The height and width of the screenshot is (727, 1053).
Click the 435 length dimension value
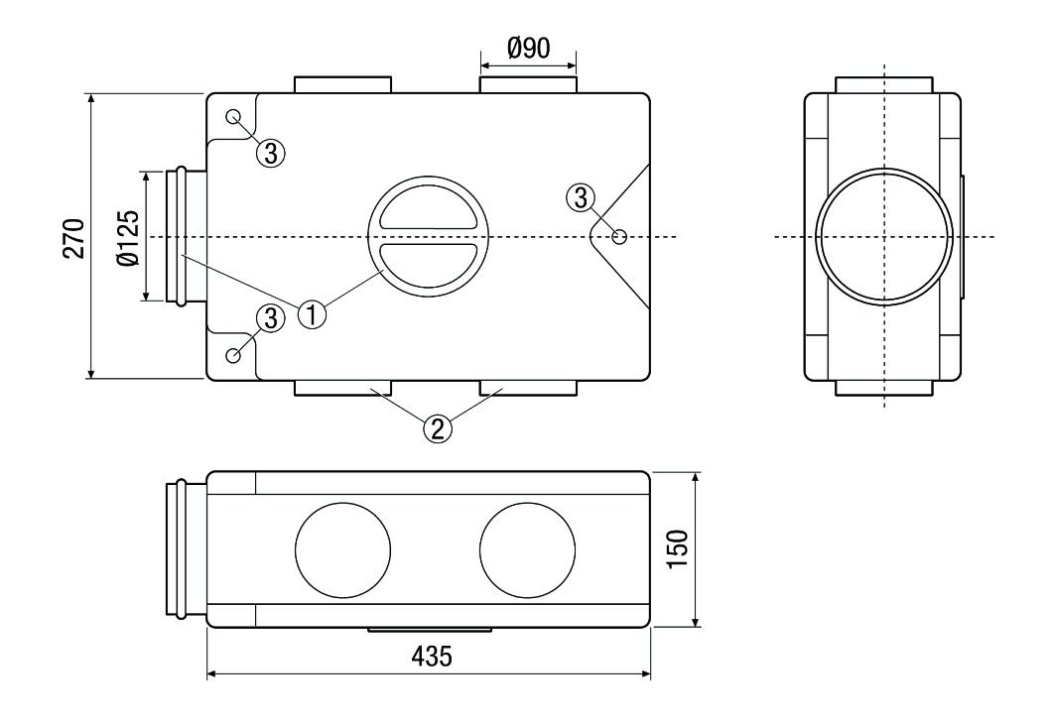click(x=430, y=657)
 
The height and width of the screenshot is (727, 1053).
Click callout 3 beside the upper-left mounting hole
click(x=272, y=152)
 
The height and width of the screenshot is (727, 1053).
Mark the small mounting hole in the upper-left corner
click(x=233, y=117)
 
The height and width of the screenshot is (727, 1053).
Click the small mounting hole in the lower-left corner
click(x=233, y=355)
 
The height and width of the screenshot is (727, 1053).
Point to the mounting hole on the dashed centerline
click(x=619, y=237)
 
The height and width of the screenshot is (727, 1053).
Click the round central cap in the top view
click(x=427, y=237)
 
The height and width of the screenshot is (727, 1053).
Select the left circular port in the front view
click(x=342, y=548)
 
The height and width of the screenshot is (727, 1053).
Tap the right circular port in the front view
click(x=526, y=548)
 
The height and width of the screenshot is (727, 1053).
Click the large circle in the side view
click(x=883, y=237)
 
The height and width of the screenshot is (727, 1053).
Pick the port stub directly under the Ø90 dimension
click(x=527, y=85)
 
